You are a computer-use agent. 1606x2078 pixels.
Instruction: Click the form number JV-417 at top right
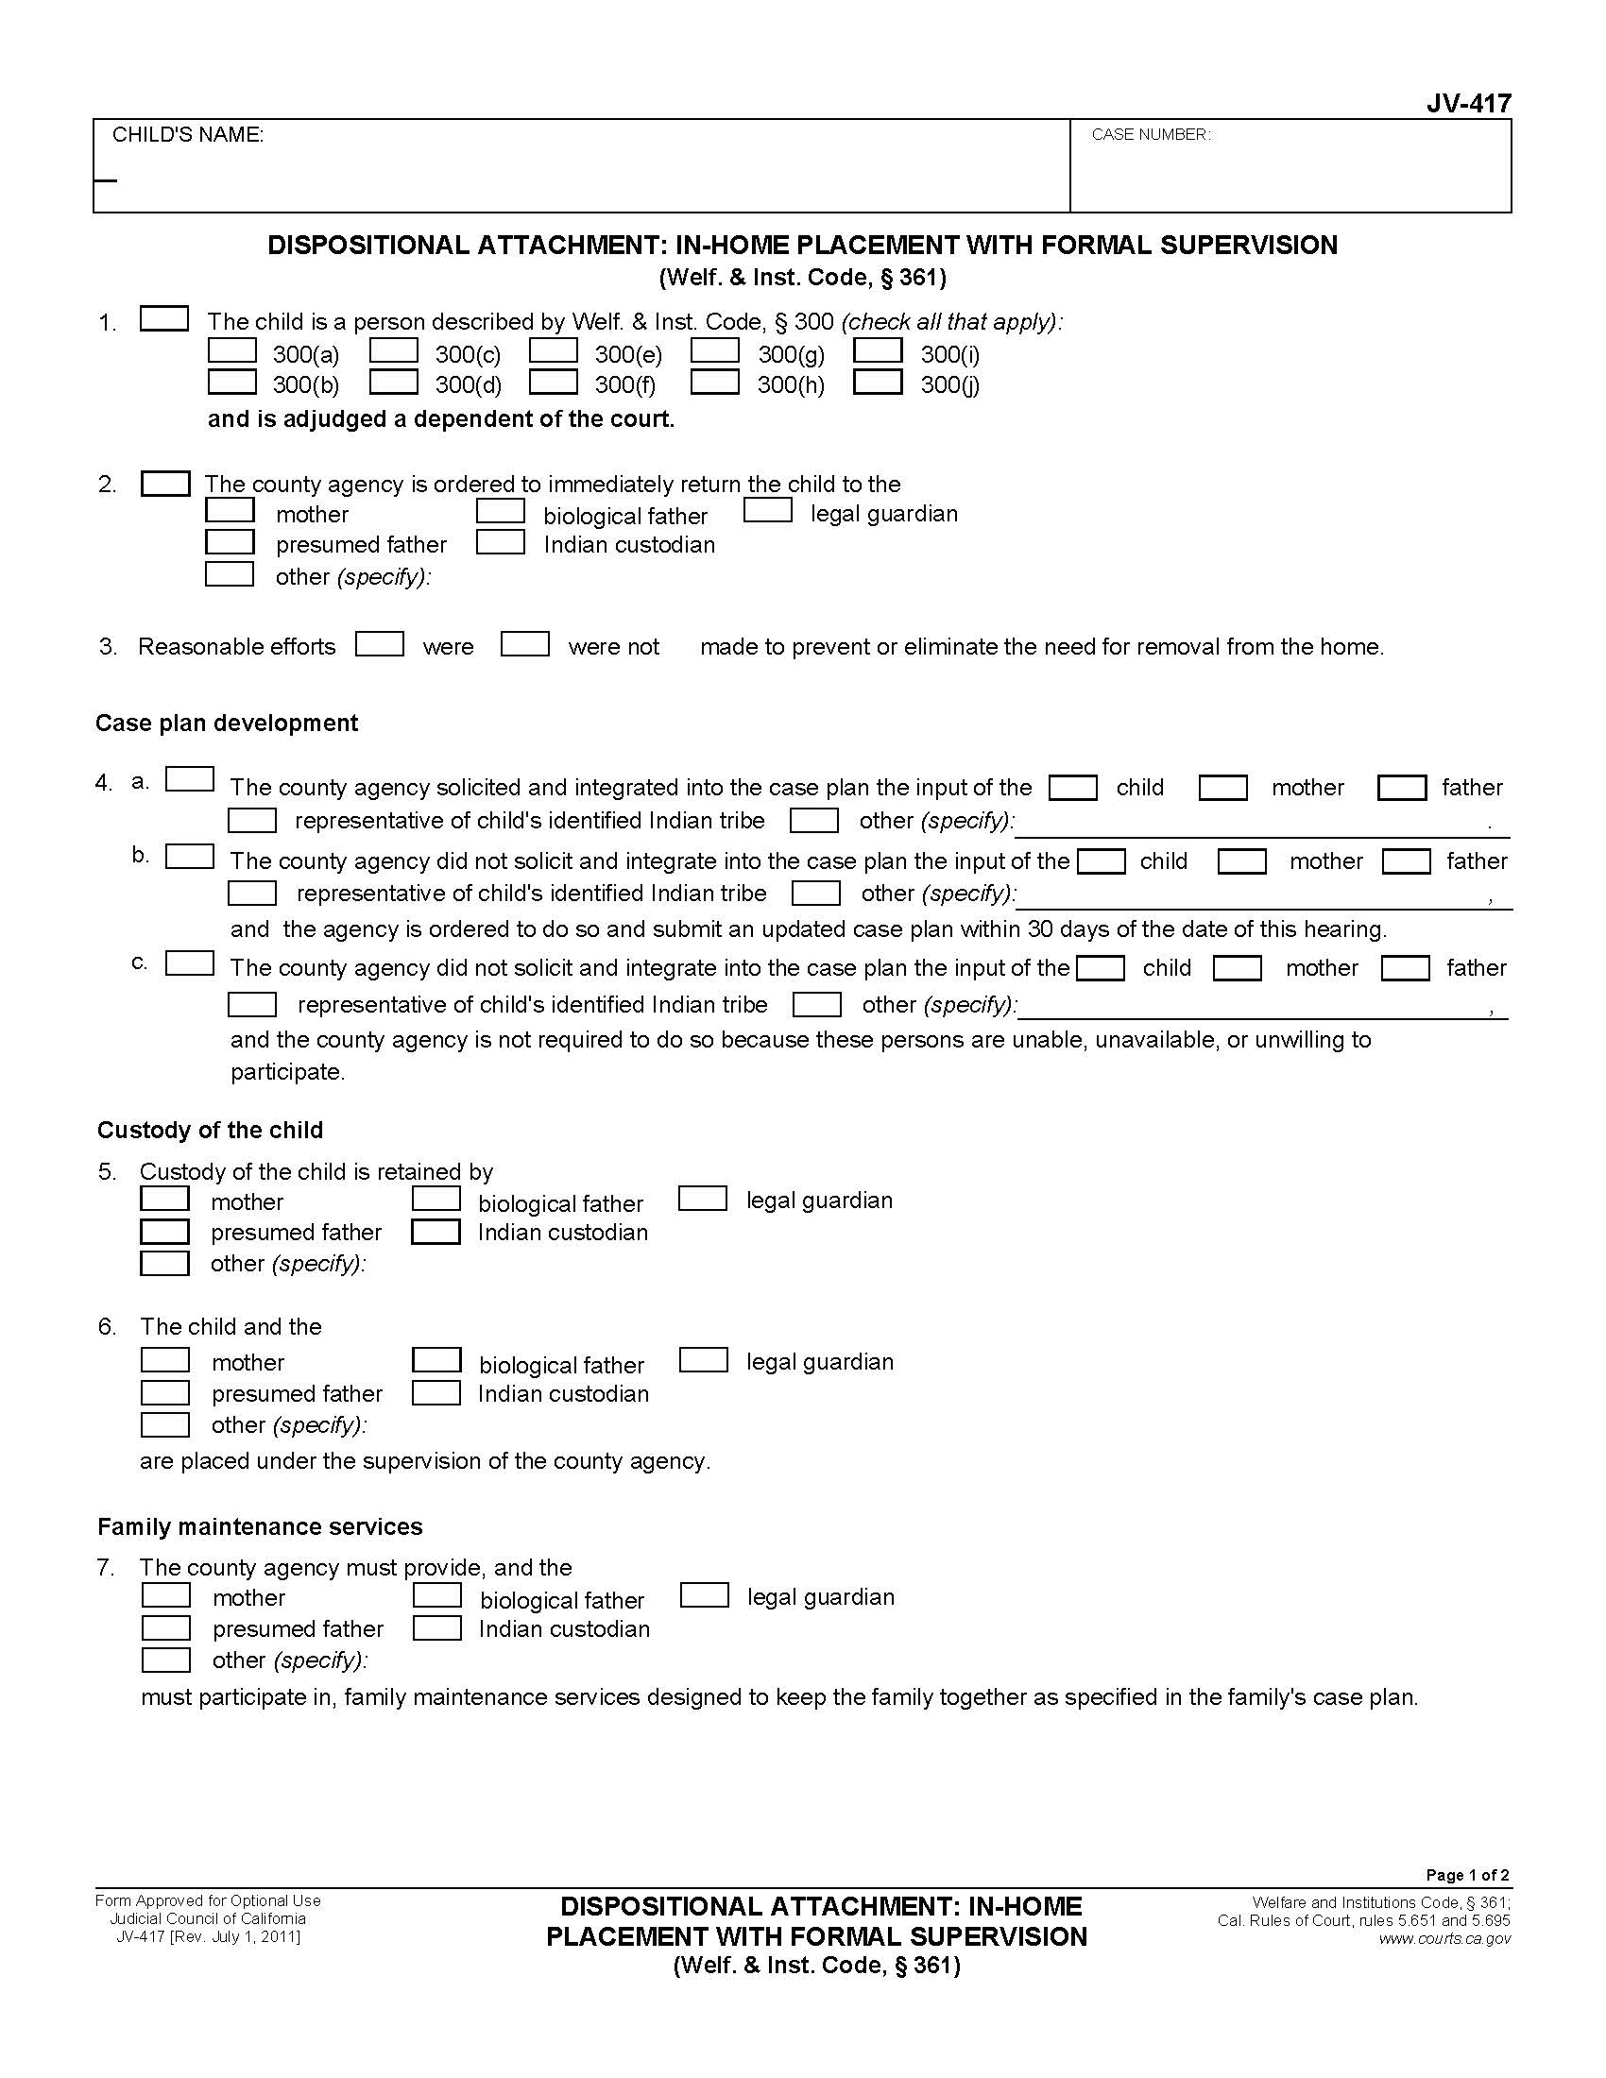(x=1468, y=104)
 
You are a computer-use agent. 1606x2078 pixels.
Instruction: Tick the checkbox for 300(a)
(x=232, y=351)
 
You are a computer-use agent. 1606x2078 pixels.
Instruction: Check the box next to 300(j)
(x=878, y=382)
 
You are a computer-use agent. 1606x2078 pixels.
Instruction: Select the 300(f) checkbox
(x=554, y=382)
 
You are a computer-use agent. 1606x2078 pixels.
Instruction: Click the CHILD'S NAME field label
(x=187, y=135)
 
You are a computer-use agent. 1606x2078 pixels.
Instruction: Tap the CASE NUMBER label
(x=1151, y=135)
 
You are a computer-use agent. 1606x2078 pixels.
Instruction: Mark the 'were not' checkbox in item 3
(x=525, y=644)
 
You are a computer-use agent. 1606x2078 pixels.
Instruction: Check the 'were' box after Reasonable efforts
(x=380, y=644)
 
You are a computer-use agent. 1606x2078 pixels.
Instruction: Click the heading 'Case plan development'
(x=227, y=724)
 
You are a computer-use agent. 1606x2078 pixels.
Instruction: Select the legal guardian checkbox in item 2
(x=768, y=511)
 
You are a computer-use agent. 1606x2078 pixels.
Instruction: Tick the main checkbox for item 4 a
(x=189, y=779)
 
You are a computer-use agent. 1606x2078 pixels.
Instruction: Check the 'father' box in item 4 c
(x=1406, y=968)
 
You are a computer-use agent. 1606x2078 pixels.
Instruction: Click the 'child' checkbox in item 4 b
(x=1102, y=861)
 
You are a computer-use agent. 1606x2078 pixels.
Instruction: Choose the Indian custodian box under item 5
(x=436, y=1231)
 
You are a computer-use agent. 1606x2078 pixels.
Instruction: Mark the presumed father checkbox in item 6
(x=165, y=1393)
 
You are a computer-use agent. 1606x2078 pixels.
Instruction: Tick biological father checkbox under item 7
(x=437, y=1595)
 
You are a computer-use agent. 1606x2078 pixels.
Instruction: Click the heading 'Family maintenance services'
(x=260, y=1527)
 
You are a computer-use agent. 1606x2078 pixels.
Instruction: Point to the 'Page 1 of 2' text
(x=1467, y=1875)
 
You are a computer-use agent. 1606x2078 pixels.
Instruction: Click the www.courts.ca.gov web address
(x=1444, y=1939)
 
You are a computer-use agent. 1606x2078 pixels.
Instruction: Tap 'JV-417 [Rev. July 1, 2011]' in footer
(x=208, y=1937)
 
